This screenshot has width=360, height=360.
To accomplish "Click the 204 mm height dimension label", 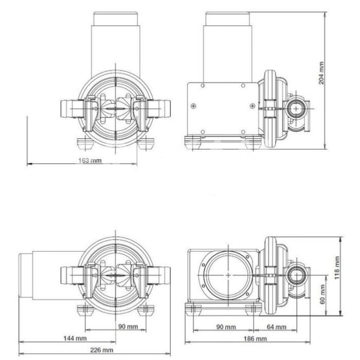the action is (x=321, y=73).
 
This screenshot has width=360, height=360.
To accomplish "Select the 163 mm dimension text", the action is (x=90, y=160).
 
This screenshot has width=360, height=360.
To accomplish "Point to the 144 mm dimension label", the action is (x=75, y=338).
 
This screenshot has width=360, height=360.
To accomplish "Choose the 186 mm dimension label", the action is (x=255, y=338).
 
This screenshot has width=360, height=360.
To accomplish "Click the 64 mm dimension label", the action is (x=277, y=327).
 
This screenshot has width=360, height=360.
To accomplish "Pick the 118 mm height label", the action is (x=337, y=268).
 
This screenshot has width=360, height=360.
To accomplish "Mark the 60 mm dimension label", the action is (x=322, y=294).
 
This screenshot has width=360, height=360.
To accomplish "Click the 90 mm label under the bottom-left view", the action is (x=128, y=326).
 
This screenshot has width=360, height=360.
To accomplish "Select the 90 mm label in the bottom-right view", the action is (x=226, y=327).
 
